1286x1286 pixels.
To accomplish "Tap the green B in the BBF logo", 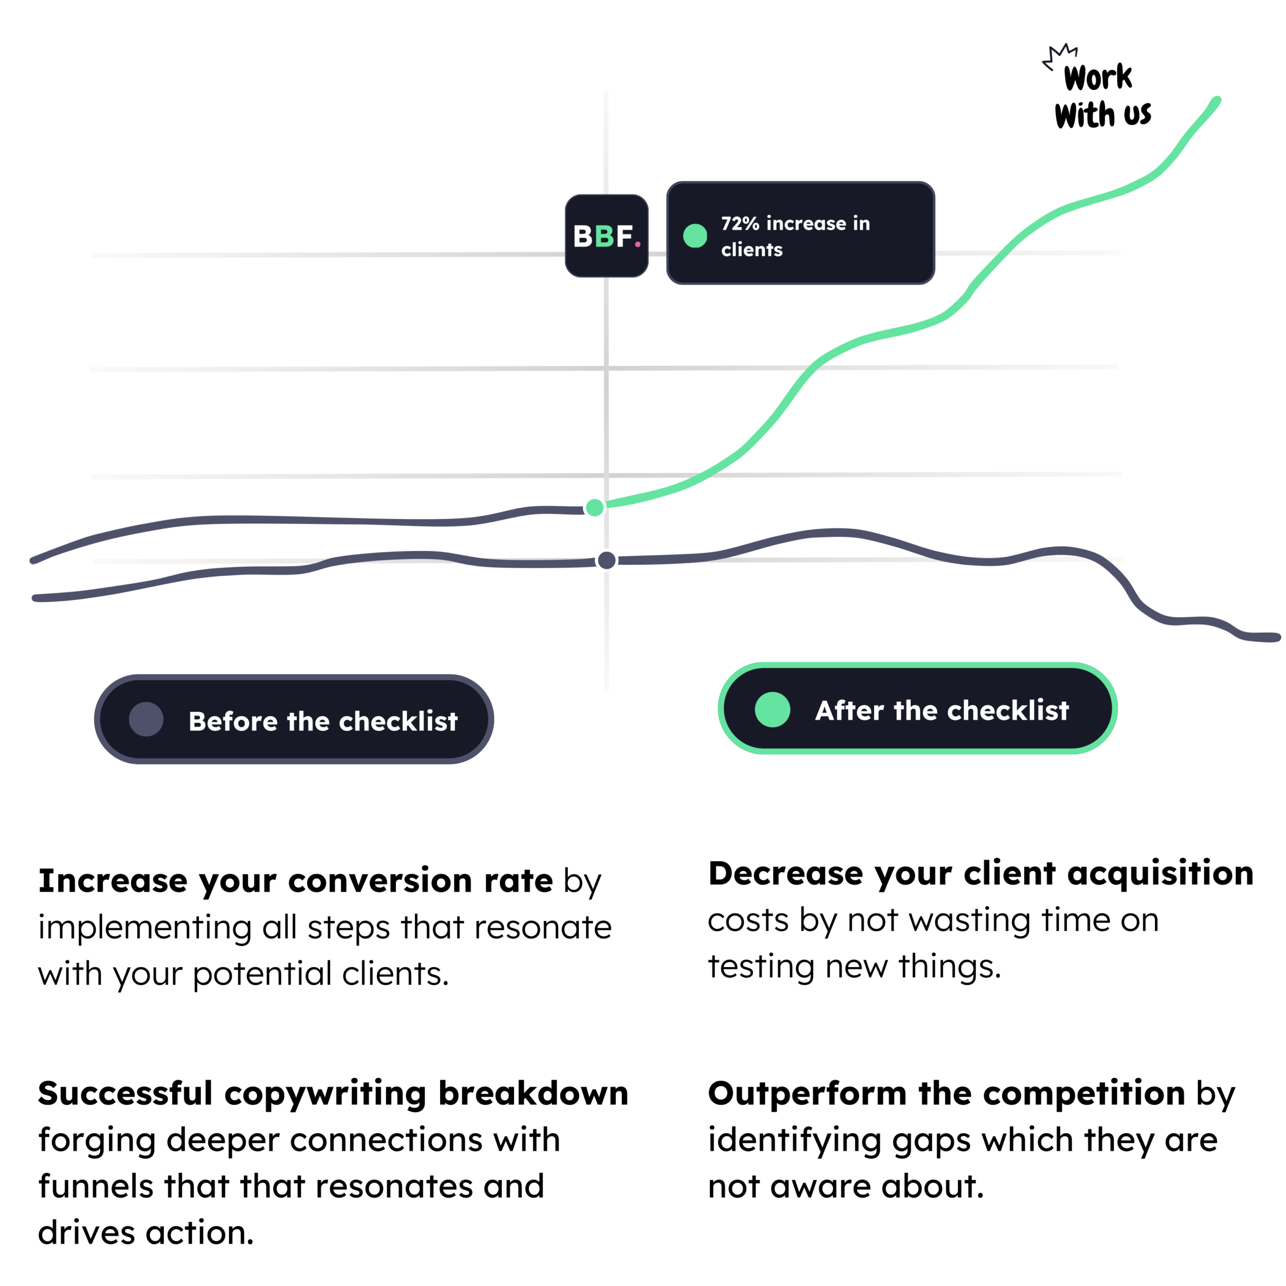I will [x=604, y=236].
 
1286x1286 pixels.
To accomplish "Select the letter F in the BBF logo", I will [x=624, y=236].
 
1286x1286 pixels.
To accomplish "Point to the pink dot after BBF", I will [x=637, y=244].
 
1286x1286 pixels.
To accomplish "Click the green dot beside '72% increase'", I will [x=695, y=236].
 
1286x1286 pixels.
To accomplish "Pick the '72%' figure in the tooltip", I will [x=740, y=224].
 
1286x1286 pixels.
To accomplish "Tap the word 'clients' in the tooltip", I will [x=752, y=250].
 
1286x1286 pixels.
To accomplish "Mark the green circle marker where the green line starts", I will [x=594, y=507].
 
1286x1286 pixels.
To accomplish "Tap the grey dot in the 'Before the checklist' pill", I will [x=146, y=719].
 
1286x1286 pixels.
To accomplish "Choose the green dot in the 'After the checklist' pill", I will [x=772, y=710].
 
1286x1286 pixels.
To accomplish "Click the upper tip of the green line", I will [x=1216, y=100].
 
